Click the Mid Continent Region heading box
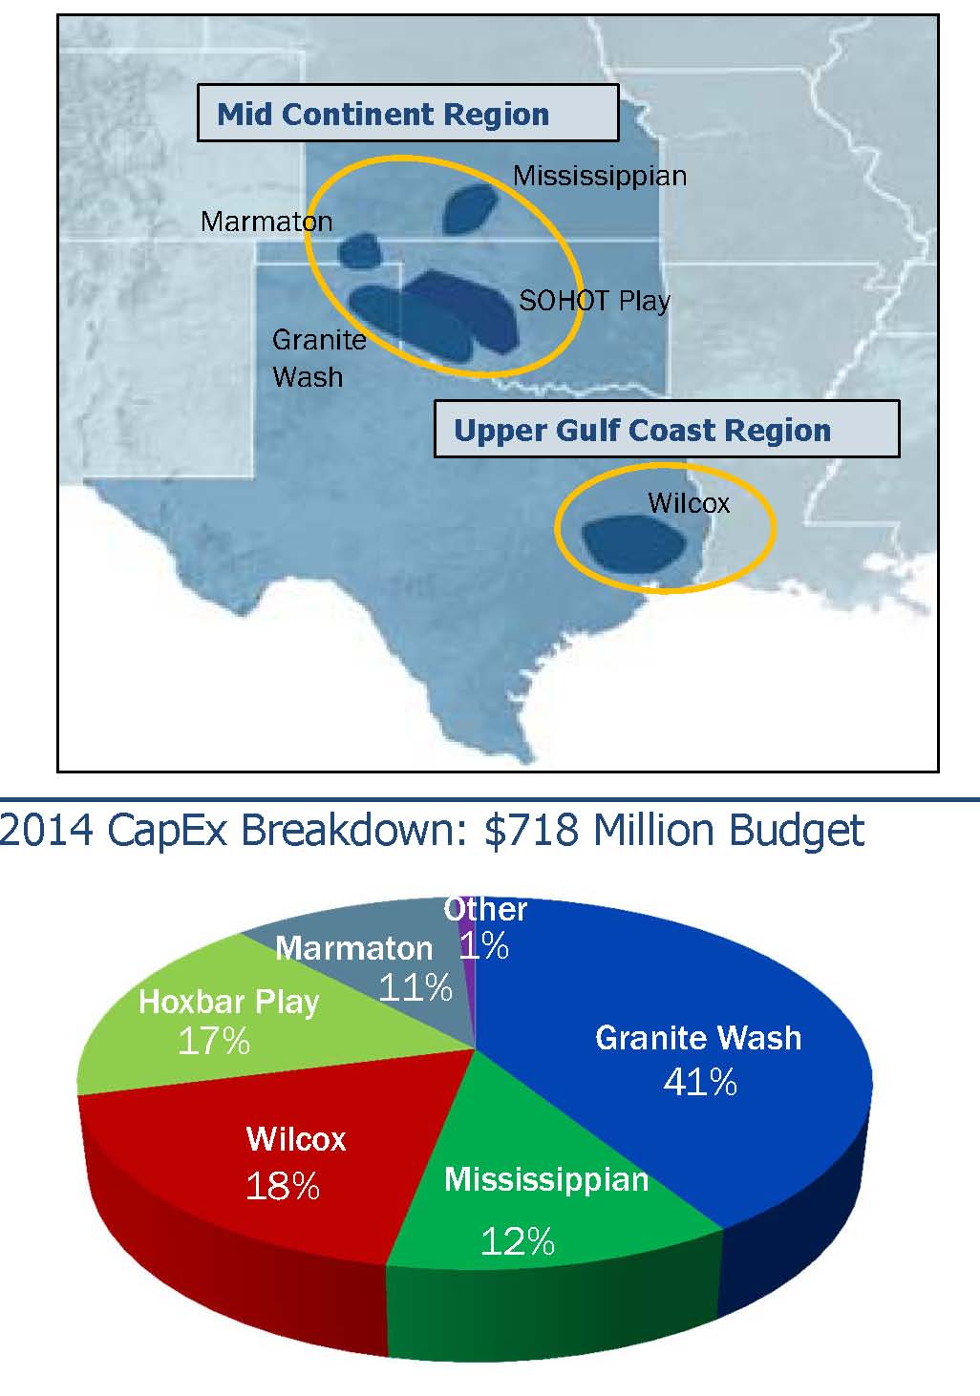click(409, 113)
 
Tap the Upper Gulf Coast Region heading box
click(667, 429)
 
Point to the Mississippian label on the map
click(600, 177)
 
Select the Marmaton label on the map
click(266, 222)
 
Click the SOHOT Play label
click(595, 302)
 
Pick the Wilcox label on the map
click(689, 503)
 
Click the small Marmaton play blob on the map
click(360, 250)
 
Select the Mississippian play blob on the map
click(469, 209)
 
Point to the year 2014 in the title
click(47, 831)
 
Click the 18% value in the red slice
click(283, 1185)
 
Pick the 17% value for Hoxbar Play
click(214, 1041)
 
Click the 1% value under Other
click(483, 945)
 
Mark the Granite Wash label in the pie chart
click(698, 1038)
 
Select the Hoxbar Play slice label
click(229, 1003)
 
